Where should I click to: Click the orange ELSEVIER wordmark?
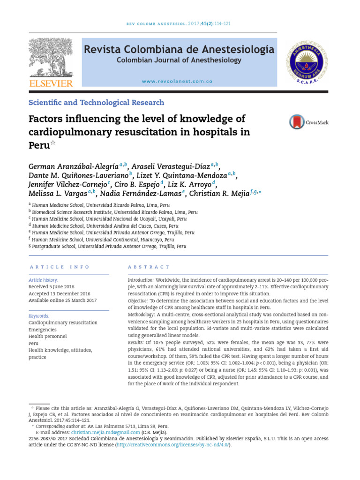[51, 83]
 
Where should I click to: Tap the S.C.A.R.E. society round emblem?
[307, 61]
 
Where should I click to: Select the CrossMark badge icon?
[297, 122]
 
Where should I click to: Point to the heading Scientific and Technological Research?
[97, 103]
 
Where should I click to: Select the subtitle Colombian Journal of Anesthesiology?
[179, 60]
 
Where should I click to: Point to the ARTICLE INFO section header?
[59, 267]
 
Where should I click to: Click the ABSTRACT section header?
[149, 267]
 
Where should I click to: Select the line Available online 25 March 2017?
[62, 300]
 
